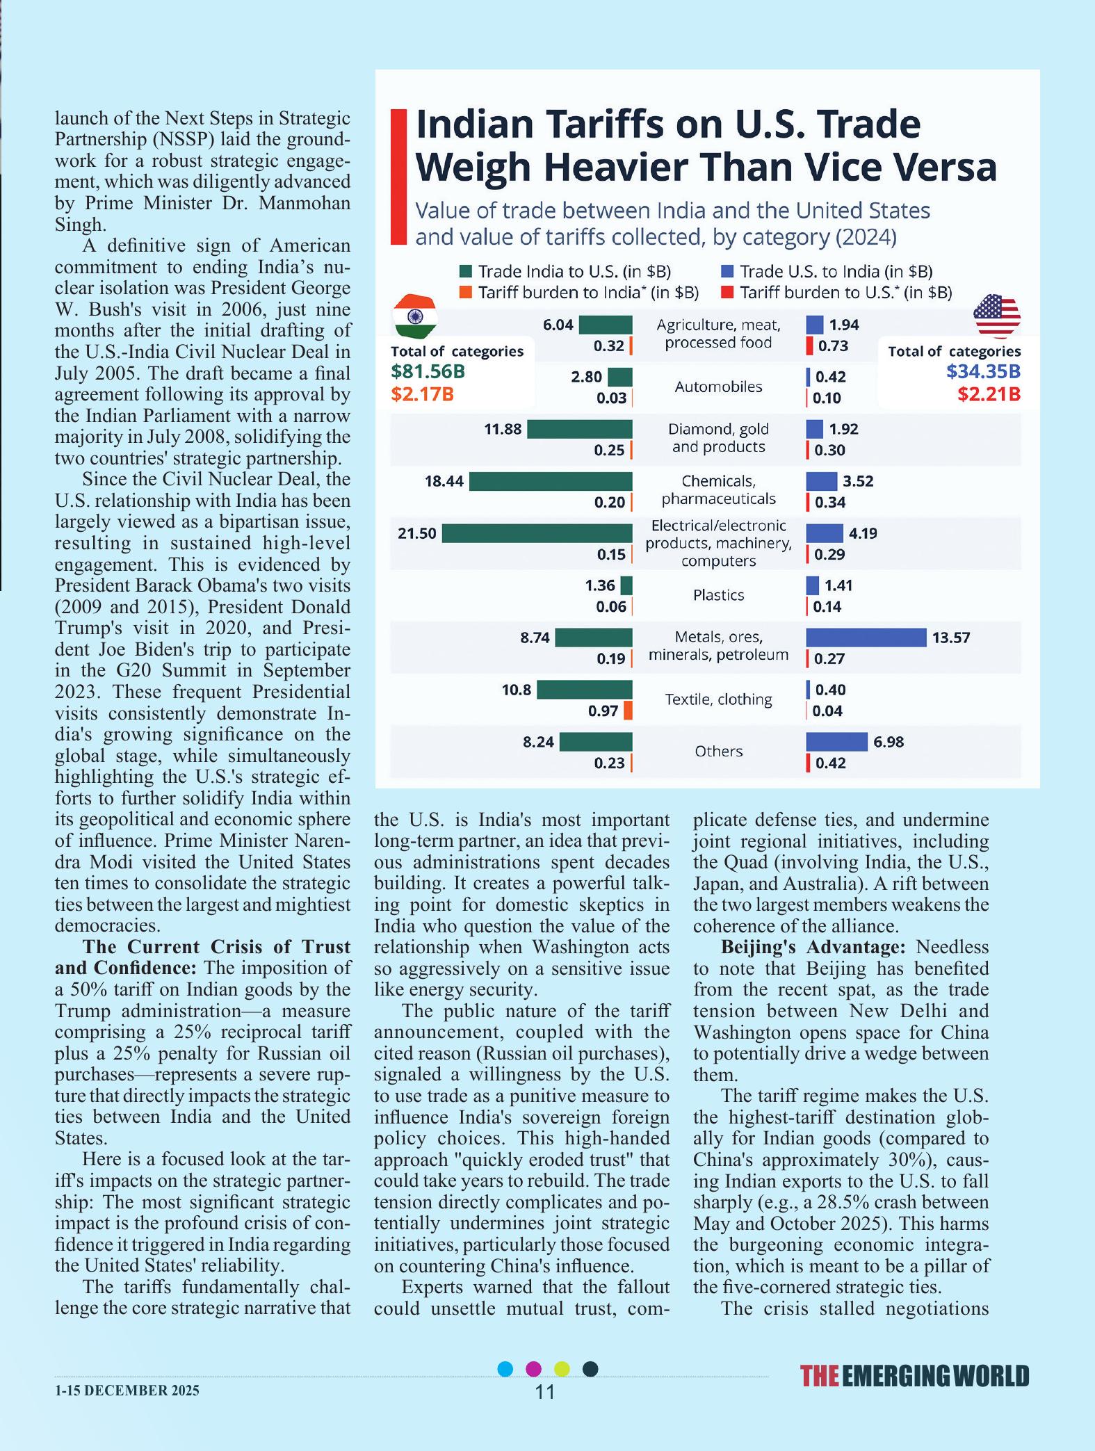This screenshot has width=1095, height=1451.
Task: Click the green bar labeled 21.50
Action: pyautogui.click(x=537, y=533)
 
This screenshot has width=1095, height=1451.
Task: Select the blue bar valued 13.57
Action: pyautogui.click(x=866, y=638)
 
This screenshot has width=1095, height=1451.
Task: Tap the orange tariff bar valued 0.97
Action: pyautogui.click(x=628, y=711)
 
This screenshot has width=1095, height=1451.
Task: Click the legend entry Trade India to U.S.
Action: pyautogui.click(x=566, y=272)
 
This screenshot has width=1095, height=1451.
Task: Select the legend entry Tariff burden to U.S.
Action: pyautogui.click(x=838, y=293)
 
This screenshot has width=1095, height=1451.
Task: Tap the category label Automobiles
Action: pyautogui.click(x=718, y=387)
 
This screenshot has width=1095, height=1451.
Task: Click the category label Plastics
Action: pyautogui.click(x=718, y=595)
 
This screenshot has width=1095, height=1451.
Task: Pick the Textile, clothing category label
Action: pyautogui.click(x=718, y=699)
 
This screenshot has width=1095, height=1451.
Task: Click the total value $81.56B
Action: pyautogui.click(x=428, y=371)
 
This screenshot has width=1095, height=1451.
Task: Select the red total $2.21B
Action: pyautogui.click(x=989, y=394)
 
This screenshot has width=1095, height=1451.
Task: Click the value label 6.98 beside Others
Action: pyautogui.click(x=889, y=742)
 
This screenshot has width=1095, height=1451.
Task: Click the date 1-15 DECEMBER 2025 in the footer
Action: pyautogui.click(x=127, y=1390)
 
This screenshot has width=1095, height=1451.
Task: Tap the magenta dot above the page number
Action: pyautogui.click(x=533, y=1369)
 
